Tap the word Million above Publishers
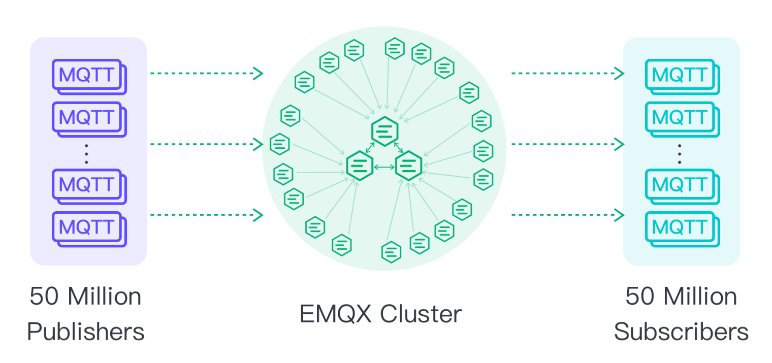pos(105,296)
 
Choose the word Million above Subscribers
pos(700,296)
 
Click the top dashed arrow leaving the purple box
pos(206,74)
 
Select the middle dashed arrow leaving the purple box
pos(206,144)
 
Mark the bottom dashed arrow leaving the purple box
pos(206,215)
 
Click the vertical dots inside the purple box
pos(86,153)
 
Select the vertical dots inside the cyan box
pos(680,153)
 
